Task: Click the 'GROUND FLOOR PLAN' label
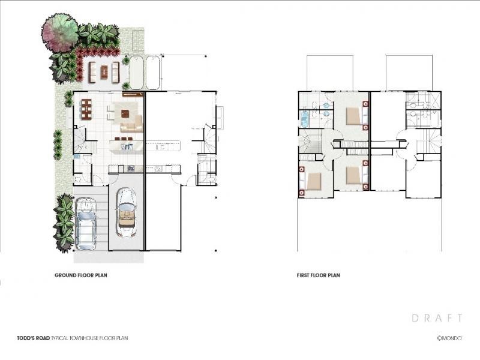pyautogui.click(x=81, y=275)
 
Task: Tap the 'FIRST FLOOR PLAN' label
pyautogui.click(x=319, y=275)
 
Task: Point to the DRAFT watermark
pyautogui.click(x=437, y=318)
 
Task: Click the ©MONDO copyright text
pyautogui.click(x=449, y=338)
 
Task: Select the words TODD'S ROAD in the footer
pyautogui.click(x=34, y=338)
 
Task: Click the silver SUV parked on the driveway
pyautogui.click(x=85, y=223)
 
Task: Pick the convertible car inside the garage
pyautogui.click(x=126, y=212)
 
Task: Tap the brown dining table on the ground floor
pyautogui.click(x=86, y=109)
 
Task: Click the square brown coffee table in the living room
pyautogui.click(x=125, y=113)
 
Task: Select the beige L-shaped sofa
pyautogui.click(x=132, y=125)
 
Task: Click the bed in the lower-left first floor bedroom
pyautogui.click(x=311, y=181)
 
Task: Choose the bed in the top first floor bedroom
pyautogui.click(x=356, y=116)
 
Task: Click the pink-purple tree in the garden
pyautogui.click(x=59, y=32)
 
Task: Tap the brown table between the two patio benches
pyautogui.click(x=104, y=71)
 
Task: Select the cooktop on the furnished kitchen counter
pyautogui.click(x=131, y=169)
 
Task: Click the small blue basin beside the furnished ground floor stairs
pyautogui.click(x=77, y=157)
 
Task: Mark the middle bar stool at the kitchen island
pyautogui.click(x=124, y=139)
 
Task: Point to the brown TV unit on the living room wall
pyautogui.click(x=133, y=94)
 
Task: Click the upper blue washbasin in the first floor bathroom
pyautogui.click(x=326, y=106)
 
